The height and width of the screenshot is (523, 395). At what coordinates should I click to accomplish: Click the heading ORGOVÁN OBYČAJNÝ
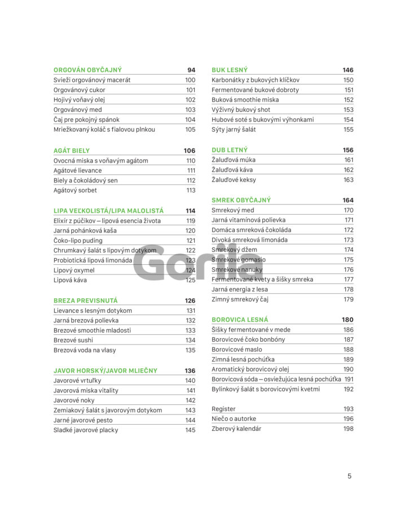[87, 70]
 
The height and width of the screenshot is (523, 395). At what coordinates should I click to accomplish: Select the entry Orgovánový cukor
[79, 90]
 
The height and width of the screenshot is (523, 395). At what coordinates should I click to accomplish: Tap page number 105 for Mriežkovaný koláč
[190, 129]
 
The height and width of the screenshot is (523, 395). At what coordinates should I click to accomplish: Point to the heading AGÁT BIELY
[72, 151]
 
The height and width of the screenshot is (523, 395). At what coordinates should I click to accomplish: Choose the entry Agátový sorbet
[75, 190]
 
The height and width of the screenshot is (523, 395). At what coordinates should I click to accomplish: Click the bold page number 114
[190, 211]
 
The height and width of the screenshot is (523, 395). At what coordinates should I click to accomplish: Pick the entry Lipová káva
[70, 280]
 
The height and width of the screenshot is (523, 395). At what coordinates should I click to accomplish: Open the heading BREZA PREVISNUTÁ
[86, 300]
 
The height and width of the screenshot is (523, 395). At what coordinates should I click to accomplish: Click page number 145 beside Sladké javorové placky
[190, 430]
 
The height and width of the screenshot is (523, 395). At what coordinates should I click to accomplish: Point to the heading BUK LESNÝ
[230, 70]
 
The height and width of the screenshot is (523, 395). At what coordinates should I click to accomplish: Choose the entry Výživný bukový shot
[241, 110]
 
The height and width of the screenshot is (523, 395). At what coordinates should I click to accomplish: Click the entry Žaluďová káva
[232, 169]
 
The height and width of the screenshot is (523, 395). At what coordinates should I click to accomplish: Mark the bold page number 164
[348, 200]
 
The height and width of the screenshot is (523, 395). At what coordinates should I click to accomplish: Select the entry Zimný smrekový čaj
[240, 299]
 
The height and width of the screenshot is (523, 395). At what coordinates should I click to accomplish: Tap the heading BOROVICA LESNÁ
[240, 320]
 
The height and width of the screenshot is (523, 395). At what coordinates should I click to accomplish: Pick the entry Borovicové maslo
[236, 350]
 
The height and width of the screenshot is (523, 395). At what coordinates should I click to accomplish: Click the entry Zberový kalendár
[236, 429]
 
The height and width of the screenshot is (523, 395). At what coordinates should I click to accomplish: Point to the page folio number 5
[349, 476]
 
